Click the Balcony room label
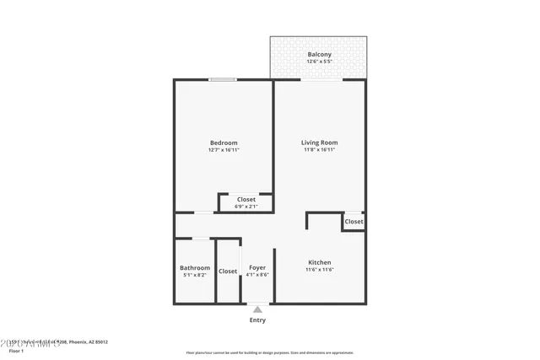point(319,55)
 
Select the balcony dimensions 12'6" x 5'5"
point(319,62)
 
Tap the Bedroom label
point(224,142)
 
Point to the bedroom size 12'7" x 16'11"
point(224,150)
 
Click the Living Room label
point(319,142)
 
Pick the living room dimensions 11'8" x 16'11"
point(319,150)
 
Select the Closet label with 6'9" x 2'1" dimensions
point(246,199)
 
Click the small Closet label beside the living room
point(354,222)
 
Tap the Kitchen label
point(319,262)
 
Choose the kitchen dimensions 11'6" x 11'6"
point(319,270)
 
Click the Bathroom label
point(194,267)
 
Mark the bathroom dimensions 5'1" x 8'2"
point(194,275)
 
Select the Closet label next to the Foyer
point(228,271)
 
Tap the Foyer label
point(257,267)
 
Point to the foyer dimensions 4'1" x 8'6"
point(257,275)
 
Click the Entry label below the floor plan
point(257,320)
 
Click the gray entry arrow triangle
point(257,309)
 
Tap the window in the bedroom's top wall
point(223,80)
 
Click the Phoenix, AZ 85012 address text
point(89,342)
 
